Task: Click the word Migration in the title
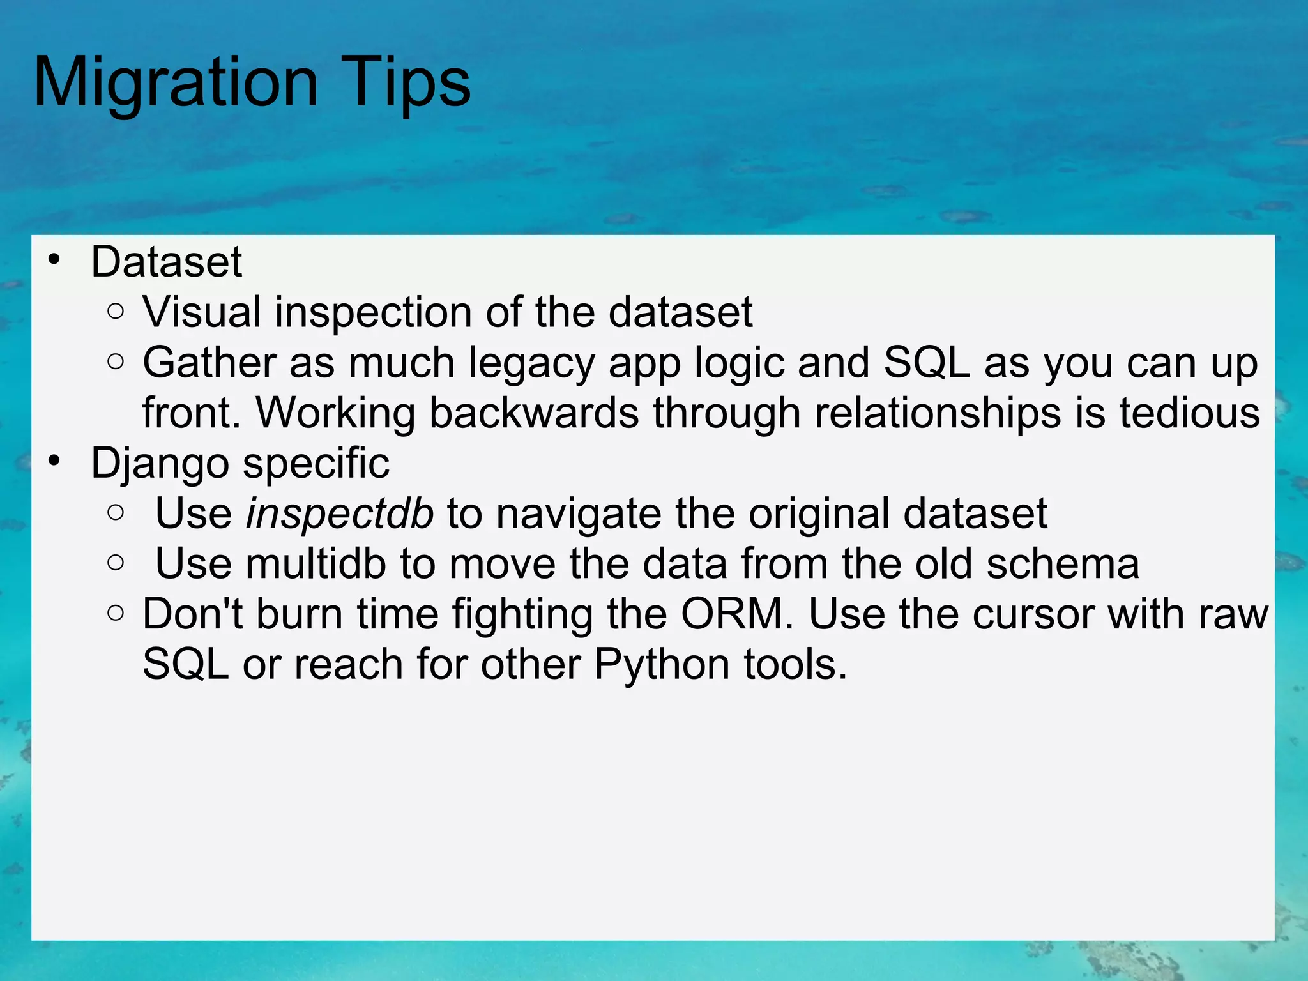pos(176,83)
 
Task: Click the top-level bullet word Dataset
pos(166,262)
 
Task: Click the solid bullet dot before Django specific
pos(54,460)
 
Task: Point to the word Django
pos(160,464)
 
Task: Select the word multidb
pos(316,564)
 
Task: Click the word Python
pos(662,665)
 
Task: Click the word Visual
pos(202,313)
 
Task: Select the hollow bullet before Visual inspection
pos(116,312)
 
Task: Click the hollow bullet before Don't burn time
pos(116,614)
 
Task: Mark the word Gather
pos(209,363)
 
